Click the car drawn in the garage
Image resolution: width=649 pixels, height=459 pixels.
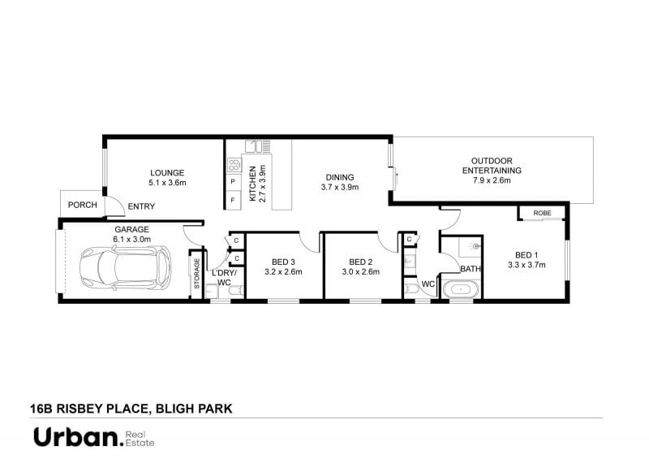click(x=125, y=267)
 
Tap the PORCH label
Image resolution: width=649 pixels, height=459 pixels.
click(x=83, y=205)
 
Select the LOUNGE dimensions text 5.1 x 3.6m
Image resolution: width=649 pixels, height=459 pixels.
click(x=167, y=183)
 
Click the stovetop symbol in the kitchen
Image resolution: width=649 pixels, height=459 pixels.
click(x=234, y=165)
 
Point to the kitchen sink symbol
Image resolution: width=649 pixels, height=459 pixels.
click(x=253, y=146)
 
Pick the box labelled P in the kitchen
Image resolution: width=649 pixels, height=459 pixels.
click(x=234, y=182)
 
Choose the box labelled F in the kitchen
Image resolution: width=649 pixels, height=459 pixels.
click(x=234, y=200)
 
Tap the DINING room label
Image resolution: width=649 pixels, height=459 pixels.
click(x=340, y=177)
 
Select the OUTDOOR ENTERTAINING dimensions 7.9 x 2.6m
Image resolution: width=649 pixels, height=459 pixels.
click(x=492, y=180)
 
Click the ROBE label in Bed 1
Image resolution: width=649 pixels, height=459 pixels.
click(x=542, y=213)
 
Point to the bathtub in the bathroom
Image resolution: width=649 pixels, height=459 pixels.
click(x=461, y=289)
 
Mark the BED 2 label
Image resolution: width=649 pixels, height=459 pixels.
click(x=360, y=262)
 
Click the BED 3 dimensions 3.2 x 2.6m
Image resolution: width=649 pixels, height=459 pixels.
click(x=283, y=272)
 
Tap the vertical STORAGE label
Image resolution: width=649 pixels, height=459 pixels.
click(x=197, y=273)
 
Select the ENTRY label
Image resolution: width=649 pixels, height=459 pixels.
click(x=141, y=206)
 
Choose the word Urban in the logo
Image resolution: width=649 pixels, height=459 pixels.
click(x=75, y=437)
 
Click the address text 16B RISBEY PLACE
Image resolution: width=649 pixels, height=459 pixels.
click(x=89, y=409)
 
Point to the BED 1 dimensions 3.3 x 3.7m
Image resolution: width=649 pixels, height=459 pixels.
click(x=527, y=265)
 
